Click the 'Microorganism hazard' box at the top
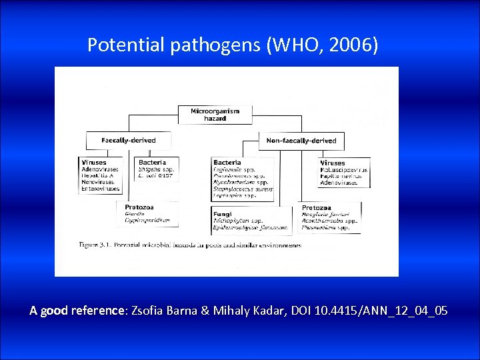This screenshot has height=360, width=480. [x=215, y=114]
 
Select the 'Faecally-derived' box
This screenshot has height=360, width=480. [x=129, y=141]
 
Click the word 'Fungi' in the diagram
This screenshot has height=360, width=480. [x=223, y=214]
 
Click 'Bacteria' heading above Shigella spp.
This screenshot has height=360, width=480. [x=152, y=162]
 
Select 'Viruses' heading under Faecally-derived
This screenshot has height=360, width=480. [x=94, y=162]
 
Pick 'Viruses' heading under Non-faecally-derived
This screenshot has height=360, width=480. [x=333, y=163]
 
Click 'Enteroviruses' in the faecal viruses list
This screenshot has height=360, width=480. [x=98, y=189]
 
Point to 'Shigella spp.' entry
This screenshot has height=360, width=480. [x=155, y=169]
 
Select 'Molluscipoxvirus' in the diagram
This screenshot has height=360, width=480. [x=345, y=169]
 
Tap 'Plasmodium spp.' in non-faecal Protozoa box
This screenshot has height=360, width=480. [x=329, y=227]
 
